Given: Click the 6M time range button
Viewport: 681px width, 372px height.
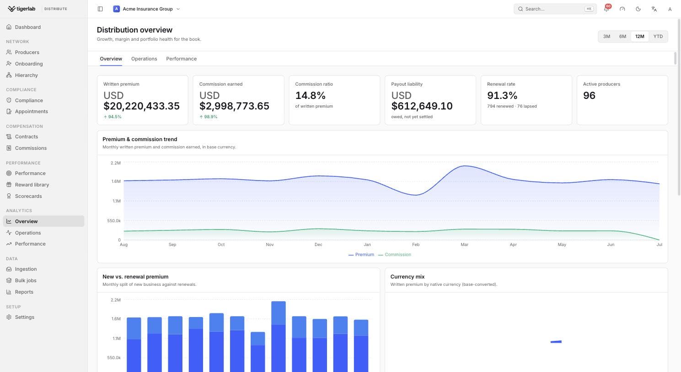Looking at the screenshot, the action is click(622, 37).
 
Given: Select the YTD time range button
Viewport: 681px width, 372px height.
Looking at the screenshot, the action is click(658, 37).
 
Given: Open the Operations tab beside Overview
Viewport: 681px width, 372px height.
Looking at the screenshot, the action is click(144, 59).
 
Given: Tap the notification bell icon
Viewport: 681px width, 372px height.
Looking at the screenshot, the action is click(606, 9).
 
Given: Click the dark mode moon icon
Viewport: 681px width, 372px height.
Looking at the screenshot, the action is click(638, 9).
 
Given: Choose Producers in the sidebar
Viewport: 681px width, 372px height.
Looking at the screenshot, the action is click(27, 52).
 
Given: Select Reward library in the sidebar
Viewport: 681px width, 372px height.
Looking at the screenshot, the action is click(32, 185).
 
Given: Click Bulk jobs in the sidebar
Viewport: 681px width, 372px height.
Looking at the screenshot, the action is click(26, 280).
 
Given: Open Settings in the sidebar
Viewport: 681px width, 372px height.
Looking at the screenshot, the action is click(24, 317).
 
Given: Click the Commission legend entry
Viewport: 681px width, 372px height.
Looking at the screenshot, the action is click(395, 255).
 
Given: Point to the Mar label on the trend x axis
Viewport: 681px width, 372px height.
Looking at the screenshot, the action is click(464, 245).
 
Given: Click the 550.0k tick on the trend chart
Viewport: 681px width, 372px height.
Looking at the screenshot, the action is click(114, 221).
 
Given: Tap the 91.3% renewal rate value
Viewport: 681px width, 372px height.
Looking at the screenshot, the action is click(502, 96).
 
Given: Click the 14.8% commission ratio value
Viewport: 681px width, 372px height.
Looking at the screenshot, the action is click(310, 96).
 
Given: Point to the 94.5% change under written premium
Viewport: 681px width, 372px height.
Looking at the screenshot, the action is click(113, 117).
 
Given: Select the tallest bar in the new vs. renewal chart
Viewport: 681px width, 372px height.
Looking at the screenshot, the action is click(278, 336).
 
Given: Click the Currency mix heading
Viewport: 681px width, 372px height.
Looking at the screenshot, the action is click(408, 277).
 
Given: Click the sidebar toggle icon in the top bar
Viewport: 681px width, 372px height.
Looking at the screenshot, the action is click(100, 9).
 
